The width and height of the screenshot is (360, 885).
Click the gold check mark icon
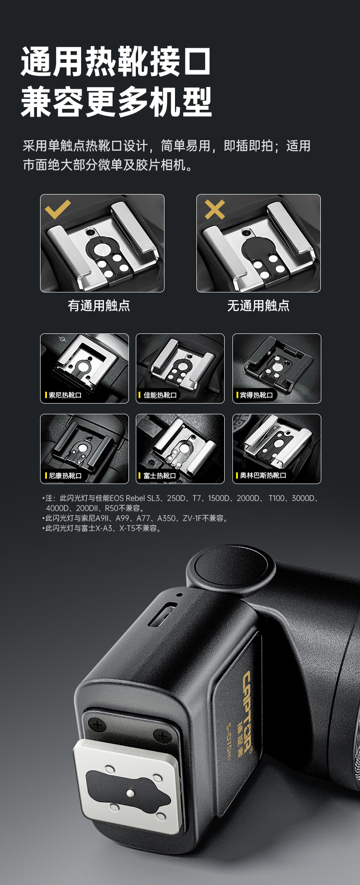coord(57,209)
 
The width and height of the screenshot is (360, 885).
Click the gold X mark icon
coord(215,209)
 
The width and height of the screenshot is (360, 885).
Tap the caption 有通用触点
coord(99,306)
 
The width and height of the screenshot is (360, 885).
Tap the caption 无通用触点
coord(258,306)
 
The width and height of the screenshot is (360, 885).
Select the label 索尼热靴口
coord(65,395)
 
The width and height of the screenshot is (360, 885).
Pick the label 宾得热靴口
coord(256,395)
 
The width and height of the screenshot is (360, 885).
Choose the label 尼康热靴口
coord(65,476)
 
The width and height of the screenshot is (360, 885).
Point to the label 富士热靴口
coord(160,476)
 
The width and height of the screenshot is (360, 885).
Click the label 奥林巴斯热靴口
coord(263,476)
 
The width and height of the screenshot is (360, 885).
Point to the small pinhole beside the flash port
coord(180,594)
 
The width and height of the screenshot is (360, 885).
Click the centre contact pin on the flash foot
coord(130,793)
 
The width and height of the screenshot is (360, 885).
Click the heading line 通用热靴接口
coord(117,61)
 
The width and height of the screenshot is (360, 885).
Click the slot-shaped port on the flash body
coord(162,614)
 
